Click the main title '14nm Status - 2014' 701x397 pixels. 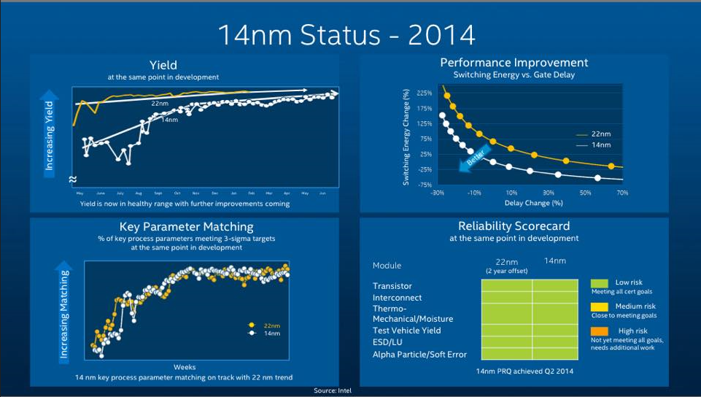click(346, 34)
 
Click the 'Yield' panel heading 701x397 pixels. click(163, 65)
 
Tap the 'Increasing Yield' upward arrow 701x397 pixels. click(50, 131)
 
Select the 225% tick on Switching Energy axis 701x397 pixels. click(424, 93)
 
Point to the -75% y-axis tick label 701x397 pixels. click(424, 185)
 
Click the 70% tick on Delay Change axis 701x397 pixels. click(622, 193)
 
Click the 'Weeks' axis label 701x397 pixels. click(184, 367)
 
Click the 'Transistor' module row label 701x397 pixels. click(392, 286)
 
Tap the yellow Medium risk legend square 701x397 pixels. click(599, 307)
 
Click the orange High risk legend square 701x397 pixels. click(599, 331)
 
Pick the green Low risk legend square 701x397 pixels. click(599, 283)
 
